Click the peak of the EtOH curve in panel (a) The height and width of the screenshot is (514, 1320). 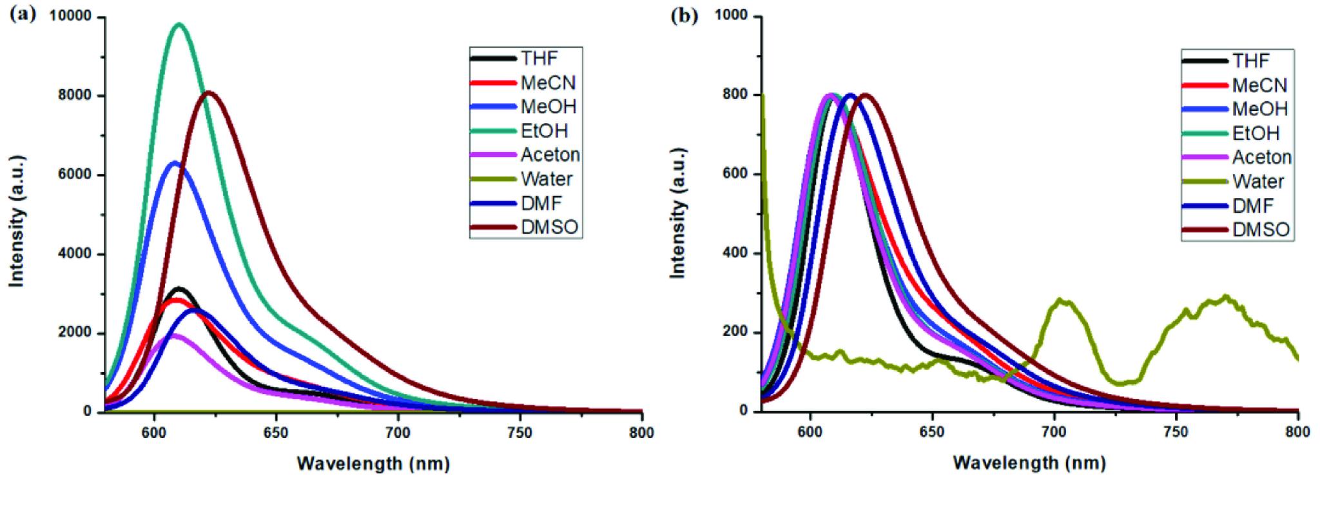click(x=179, y=25)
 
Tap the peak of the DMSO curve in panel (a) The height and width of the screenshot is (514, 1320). click(x=209, y=93)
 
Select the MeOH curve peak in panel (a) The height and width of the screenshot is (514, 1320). click(x=174, y=163)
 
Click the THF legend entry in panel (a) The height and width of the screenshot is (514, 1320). click(x=539, y=59)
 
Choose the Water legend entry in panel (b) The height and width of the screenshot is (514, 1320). click(x=1257, y=182)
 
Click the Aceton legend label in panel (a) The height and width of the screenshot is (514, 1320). click(x=550, y=155)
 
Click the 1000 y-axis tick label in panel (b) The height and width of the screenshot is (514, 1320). click(x=735, y=16)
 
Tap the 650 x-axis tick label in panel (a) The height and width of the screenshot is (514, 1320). click(x=276, y=432)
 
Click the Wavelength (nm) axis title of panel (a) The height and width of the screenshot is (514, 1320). click(x=373, y=464)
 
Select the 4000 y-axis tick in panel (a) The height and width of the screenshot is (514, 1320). click(x=76, y=254)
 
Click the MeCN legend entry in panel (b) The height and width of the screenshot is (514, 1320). click(x=1259, y=85)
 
